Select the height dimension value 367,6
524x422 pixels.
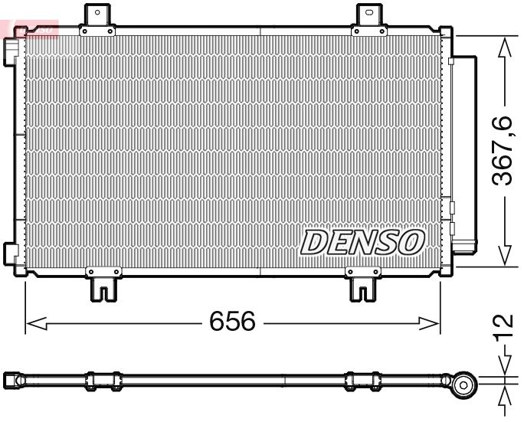503,150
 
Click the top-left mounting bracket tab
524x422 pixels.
97,17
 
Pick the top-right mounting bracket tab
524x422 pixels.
370,17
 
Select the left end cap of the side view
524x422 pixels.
13,378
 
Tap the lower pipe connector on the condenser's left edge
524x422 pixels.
11,252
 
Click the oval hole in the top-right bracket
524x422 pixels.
370,12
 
